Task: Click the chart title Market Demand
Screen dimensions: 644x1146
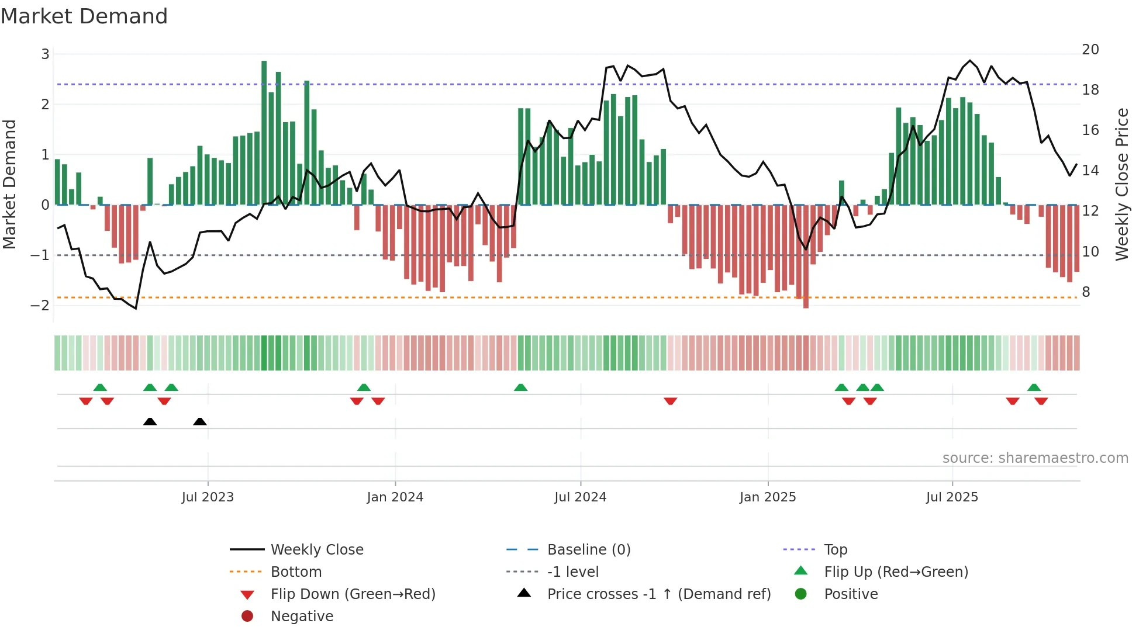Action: point(84,16)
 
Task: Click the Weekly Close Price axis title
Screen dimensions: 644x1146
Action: point(1121,184)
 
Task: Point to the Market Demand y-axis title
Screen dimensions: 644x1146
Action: point(10,184)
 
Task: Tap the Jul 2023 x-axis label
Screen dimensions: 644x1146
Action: point(208,497)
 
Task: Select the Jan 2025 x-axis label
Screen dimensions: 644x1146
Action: point(767,497)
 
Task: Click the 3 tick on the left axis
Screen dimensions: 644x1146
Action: point(45,54)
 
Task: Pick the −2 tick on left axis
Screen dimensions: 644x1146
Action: point(40,306)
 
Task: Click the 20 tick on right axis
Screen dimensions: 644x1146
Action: point(1090,50)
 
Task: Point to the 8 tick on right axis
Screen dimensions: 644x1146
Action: point(1086,292)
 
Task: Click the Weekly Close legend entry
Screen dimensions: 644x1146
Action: point(316,549)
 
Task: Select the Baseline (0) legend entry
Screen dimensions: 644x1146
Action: point(588,549)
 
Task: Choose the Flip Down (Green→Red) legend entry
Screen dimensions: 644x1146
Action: point(353,594)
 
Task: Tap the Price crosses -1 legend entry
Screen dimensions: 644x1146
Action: point(658,594)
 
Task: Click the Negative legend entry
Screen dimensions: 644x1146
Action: point(302,617)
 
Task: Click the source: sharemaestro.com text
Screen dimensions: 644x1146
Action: point(1035,458)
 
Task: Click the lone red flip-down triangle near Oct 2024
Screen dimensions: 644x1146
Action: point(671,401)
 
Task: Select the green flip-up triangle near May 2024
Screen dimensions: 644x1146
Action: point(520,387)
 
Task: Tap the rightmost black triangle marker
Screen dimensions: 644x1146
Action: point(200,421)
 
